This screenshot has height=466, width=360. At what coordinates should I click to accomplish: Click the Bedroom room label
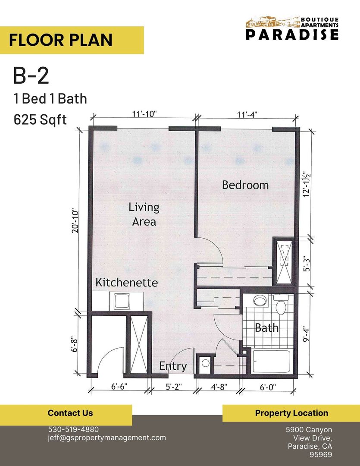click(245, 185)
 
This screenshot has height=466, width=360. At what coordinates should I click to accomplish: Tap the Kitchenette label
click(126, 283)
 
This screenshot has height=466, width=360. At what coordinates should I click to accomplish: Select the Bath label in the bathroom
click(266, 328)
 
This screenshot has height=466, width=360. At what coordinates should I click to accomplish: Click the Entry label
click(173, 366)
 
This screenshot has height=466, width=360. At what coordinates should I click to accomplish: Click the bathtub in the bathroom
click(271, 360)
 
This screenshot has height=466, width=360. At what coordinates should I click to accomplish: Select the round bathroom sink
click(260, 301)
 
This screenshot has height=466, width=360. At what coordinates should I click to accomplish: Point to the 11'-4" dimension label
click(247, 115)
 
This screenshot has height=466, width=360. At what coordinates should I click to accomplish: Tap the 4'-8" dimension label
click(217, 387)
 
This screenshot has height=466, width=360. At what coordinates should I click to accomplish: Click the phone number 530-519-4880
click(73, 429)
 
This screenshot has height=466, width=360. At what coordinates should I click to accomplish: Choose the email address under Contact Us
click(106, 438)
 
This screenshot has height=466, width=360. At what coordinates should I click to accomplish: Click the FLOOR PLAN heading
click(61, 40)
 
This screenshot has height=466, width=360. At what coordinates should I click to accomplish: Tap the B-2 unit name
click(31, 76)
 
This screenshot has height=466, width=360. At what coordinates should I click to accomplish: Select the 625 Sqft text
click(41, 119)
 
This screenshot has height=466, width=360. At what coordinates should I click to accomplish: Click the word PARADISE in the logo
click(292, 35)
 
